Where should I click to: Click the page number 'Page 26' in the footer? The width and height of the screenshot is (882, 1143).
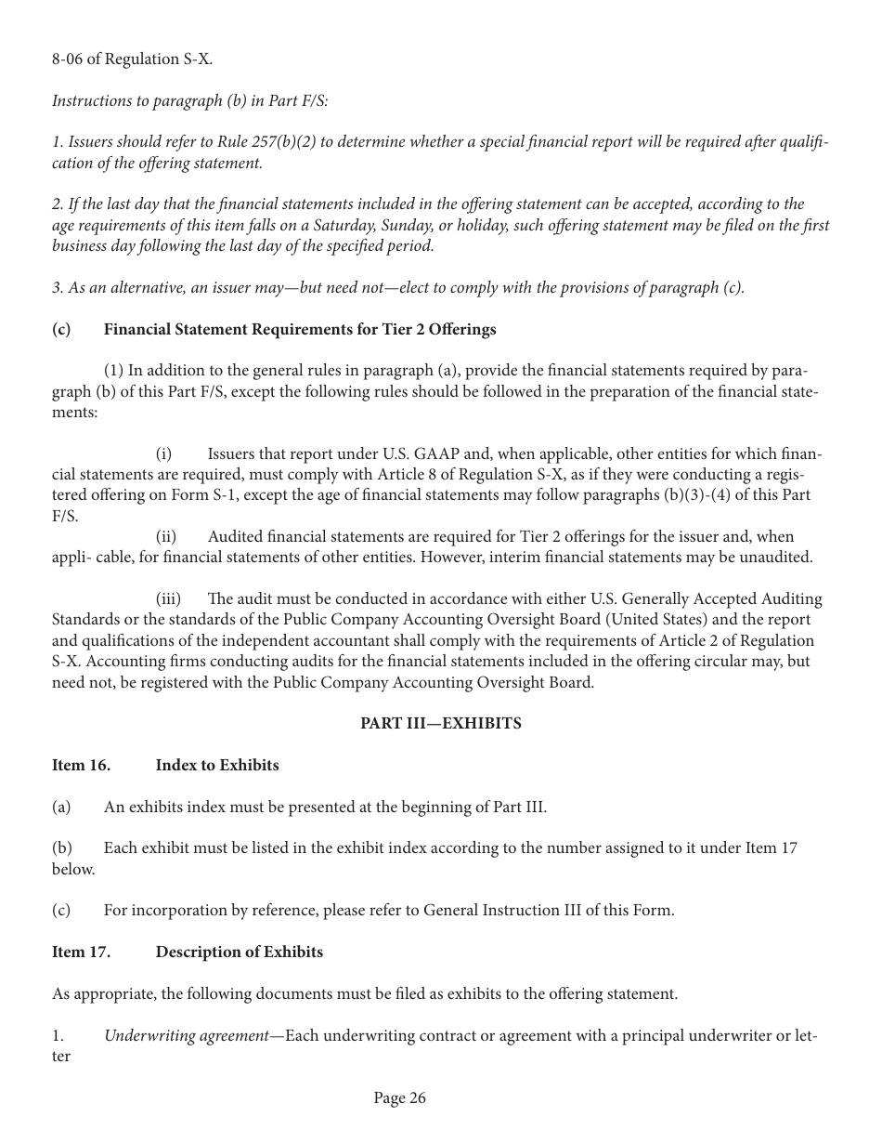click(x=399, y=1098)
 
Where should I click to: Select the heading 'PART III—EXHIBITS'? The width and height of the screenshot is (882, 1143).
click(x=441, y=723)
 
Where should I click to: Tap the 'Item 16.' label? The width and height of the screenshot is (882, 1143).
click(x=81, y=765)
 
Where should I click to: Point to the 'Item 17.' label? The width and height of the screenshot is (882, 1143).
click(x=81, y=952)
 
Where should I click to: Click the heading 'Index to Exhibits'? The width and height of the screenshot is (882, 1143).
click(x=217, y=765)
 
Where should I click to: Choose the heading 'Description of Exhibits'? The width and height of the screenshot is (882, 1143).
click(x=240, y=952)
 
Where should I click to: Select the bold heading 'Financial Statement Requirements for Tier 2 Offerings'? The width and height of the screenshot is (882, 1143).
click(x=300, y=329)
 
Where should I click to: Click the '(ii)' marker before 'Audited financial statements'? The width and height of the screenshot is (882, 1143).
click(x=166, y=536)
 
